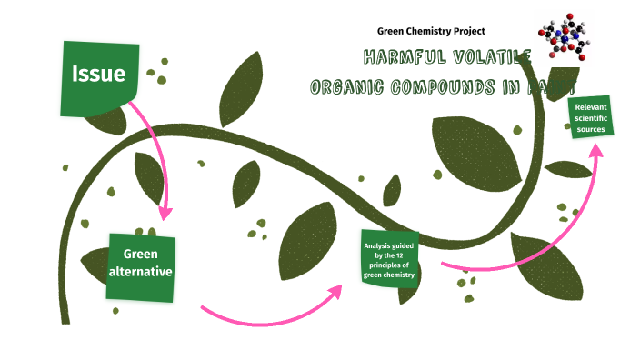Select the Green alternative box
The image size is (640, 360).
pyautogui.click(x=141, y=266)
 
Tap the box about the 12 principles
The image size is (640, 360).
pyautogui.click(x=390, y=258)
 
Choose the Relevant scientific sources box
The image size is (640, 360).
pyautogui.click(x=590, y=117)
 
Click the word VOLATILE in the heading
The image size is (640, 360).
pyautogui.click(x=481, y=58)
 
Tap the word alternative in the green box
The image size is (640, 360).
pyautogui.click(x=141, y=271)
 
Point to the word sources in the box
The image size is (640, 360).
pyautogui.click(x=591, y=129)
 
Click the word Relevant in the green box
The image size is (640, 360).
pyautogui.click(x=591, y=106)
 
